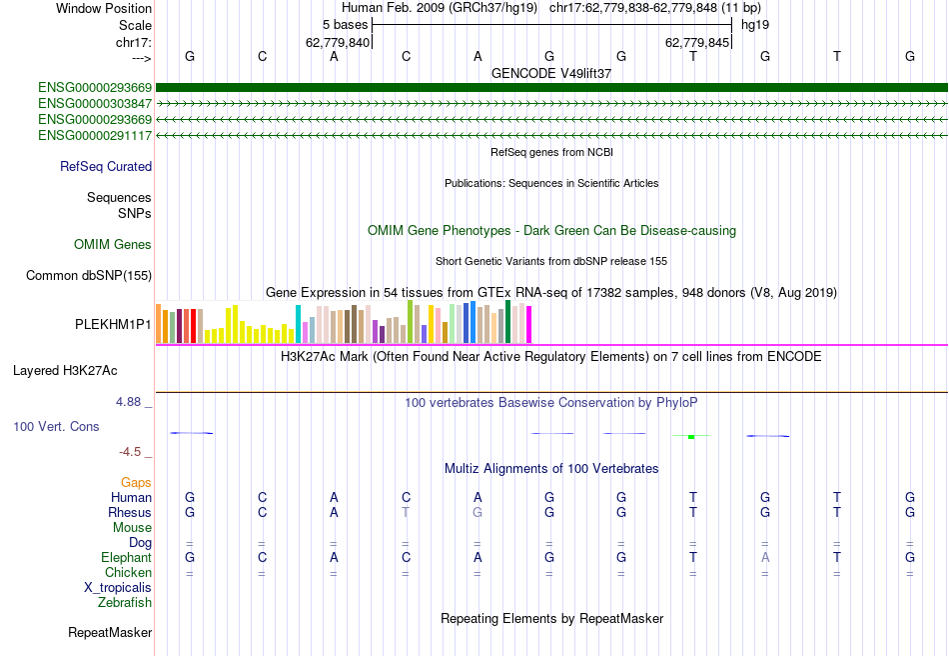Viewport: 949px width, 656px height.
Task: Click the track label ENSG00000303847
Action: [x=95, y=103]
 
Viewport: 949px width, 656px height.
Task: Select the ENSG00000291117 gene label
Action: [x=95, y=135]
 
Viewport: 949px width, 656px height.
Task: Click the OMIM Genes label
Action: [x=113, y=245]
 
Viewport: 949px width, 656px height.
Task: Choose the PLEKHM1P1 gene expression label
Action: [x=113, y=325]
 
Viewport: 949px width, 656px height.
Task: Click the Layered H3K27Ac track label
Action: [x=65, y=371]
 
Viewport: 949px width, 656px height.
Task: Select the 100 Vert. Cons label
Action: [x=56, y=427]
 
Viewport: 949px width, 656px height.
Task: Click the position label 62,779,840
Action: [x=338, y=42]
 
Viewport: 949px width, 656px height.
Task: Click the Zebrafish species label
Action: [x=125, y=603]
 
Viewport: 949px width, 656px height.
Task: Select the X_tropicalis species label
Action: [x=118, y=588]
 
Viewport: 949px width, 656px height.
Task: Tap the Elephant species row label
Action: [x=126, y=558]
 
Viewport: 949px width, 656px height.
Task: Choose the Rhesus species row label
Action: [x=130, y=513]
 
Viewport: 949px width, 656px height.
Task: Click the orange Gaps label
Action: [x=136, y=483]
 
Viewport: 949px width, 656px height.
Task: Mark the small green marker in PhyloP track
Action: [x=691, y=436]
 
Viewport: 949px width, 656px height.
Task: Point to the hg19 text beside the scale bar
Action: [x=754, y=24]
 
